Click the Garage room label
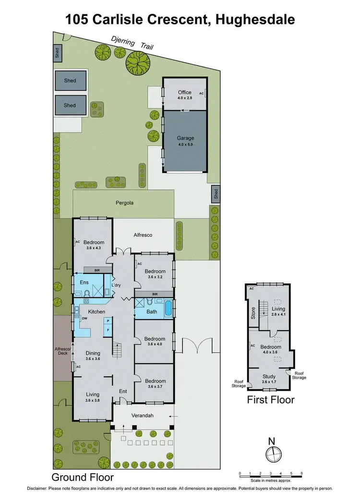184,138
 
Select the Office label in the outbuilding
184,92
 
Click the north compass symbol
272,453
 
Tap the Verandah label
142,416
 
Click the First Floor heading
270,400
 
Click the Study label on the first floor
269,376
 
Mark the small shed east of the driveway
216,194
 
